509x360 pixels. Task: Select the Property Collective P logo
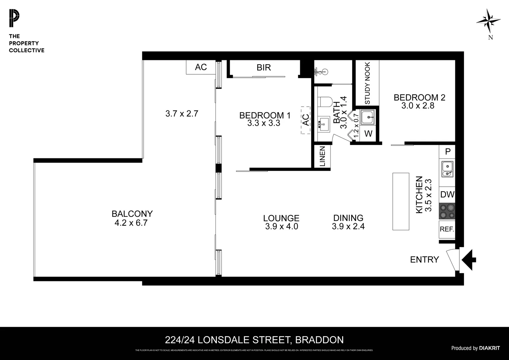(x=14, y=19)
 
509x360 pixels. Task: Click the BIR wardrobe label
(x=263, y=68)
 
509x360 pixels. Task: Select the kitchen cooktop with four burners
(x=447, y=211)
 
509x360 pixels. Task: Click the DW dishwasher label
(x=447, y=194)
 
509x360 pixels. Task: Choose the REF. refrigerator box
(x=447, y=229)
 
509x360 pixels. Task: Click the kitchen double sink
(x=447, y=169)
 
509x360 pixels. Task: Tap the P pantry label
(x=448, y=152)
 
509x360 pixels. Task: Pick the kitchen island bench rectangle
(x=401, y=201)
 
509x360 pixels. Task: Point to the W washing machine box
(x=368, y=134)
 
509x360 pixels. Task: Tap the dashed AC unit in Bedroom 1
(x=305, y=120)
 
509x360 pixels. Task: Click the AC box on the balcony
(x=201, y=67)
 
